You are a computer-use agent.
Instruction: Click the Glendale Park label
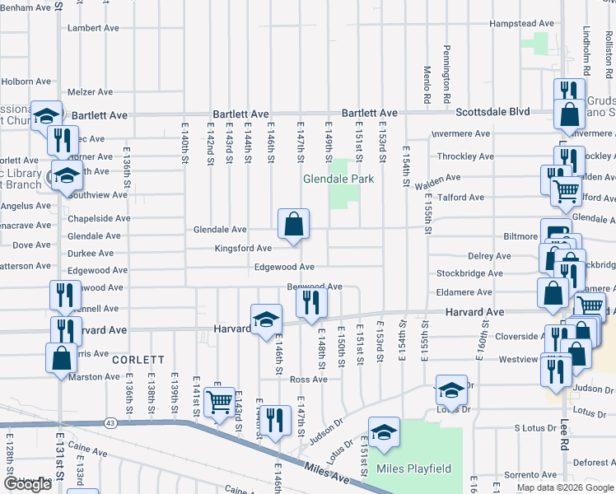click(338, 179)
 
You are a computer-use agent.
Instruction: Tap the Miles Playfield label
click(413, 468)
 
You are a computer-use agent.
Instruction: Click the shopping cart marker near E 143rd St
click(219, 403)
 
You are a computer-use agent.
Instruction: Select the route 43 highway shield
click(110, 423)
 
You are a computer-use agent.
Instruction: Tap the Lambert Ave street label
click(95, 27)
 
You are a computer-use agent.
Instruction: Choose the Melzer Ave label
click(91, 92)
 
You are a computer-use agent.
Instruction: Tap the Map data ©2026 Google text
click(566, 487)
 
